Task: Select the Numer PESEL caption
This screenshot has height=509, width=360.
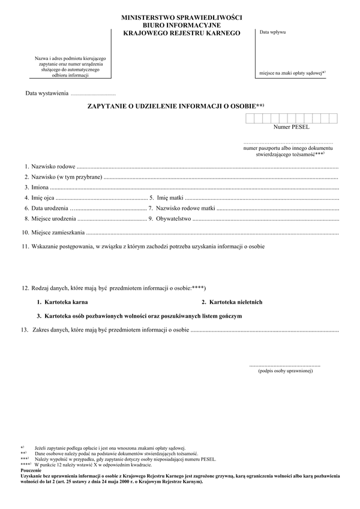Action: click(x=291, y=127)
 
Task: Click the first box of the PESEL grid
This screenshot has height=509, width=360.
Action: click(x=250, y=119)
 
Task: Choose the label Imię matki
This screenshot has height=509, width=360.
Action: click(x=170, y=197)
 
